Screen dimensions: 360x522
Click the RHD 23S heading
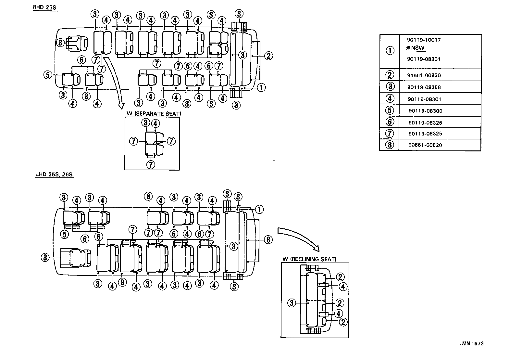tap(44, 7)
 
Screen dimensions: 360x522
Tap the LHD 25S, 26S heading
tap(54, 175)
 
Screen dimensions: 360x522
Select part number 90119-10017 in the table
tap(424, 40)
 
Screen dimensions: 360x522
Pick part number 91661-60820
tap(424, 75)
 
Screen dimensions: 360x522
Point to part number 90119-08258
tap(424, 87)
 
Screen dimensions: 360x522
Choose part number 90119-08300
tap(425, 111)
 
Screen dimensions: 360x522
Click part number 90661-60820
tap(425, 145)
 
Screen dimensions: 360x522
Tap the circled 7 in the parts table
tap(390, 134)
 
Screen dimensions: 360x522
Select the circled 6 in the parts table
tap(390, 122)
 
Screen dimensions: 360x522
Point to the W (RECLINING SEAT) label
tap(309, 259)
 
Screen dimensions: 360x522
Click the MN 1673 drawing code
tap(473, 343)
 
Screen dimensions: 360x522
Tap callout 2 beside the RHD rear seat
tap(268, 56)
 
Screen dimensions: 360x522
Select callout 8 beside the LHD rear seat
tap(268, 240)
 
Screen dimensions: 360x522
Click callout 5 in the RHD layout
tap(47, 75)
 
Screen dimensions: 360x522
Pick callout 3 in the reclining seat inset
tap(292, 303)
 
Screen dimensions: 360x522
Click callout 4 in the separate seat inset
tap(155, 123)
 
